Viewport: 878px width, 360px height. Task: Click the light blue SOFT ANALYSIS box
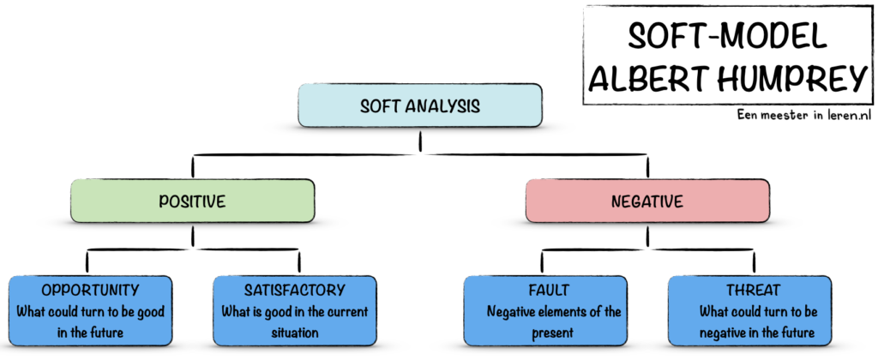coord(420,105)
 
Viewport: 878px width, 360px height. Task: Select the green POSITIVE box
coord(192,201)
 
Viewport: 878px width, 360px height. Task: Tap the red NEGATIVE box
coord(647,201)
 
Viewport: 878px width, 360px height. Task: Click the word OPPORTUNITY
coord(90,290)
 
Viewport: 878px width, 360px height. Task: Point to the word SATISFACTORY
coord(295,290)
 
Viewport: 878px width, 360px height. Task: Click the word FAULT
coord(549,290)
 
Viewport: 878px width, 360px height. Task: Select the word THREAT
coord(753,290)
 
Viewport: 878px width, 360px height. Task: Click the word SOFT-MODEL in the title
coord(727,36)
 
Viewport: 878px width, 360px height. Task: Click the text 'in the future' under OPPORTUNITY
coord(90,333)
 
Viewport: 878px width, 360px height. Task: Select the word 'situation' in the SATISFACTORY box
coord(295,333)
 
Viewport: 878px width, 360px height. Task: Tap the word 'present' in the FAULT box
coord(553,333)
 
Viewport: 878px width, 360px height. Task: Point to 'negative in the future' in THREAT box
coord(757,333)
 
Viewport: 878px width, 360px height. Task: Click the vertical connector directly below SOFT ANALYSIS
coord(420,141)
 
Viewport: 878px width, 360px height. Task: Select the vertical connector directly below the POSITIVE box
coord(192,236)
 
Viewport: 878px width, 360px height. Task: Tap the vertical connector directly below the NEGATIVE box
coord(647,236)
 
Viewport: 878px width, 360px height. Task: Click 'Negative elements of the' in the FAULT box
coord(554,311)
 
